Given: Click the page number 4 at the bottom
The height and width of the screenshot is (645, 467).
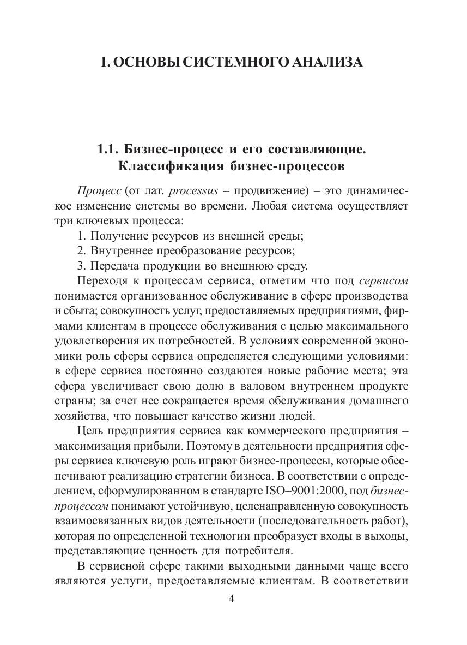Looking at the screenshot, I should (x=231, y=599).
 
